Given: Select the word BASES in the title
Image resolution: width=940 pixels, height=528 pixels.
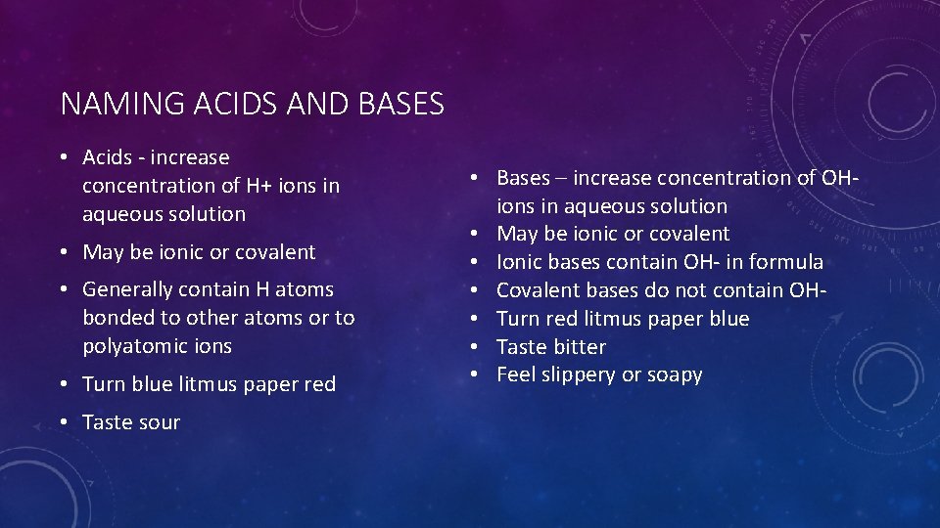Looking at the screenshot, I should (401, 104).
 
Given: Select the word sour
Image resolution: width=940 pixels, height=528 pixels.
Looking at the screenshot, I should (158, 422).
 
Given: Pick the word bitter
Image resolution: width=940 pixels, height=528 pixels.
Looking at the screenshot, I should (580, 347).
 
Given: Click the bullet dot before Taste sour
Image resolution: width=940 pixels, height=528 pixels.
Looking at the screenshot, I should (62, 422).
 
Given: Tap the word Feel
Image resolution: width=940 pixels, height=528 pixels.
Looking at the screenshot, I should (515, 375).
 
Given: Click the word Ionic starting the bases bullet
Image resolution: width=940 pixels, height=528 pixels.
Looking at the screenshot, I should (521, 262).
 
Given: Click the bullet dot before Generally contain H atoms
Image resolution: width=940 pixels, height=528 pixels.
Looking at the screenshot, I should (62, 289).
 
